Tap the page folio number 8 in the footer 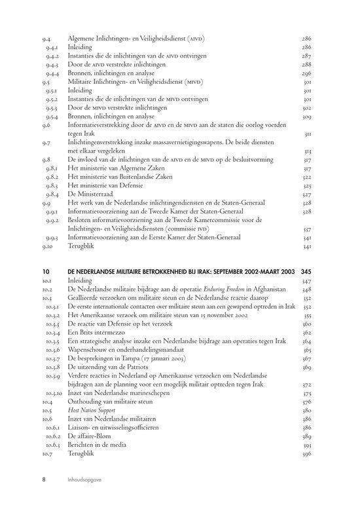[x=44, y=479]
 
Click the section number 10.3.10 [x=54, y=394]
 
